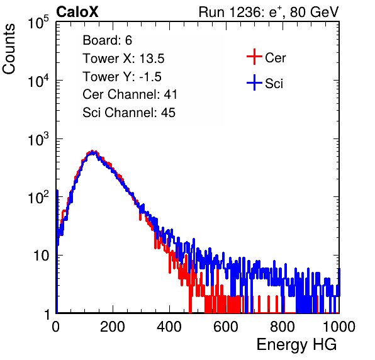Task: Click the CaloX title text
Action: coord(77,12)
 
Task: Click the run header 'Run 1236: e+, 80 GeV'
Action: coord(269,12)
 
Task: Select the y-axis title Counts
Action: coord(9,49)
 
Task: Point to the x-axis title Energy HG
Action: coord(296,345)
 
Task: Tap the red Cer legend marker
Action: coord(254,57)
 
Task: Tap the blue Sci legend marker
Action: coord(254,83)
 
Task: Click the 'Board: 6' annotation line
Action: coord(107,40)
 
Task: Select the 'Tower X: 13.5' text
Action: coord(123,59)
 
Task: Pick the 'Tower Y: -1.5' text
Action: coord(122,77)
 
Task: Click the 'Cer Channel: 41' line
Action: coord(130,94)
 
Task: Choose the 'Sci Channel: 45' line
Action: coord(129,113)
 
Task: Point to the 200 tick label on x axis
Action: coord(113,327)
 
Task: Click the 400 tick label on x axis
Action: coord(169,327)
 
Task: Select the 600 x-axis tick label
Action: coord(226,327)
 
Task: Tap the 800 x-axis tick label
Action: coord(283,327)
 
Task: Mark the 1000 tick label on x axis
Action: coord(339,327)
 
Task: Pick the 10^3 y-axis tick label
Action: coord(38,139)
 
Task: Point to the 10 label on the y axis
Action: coord(42,256)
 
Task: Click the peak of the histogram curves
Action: coord(92,152)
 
